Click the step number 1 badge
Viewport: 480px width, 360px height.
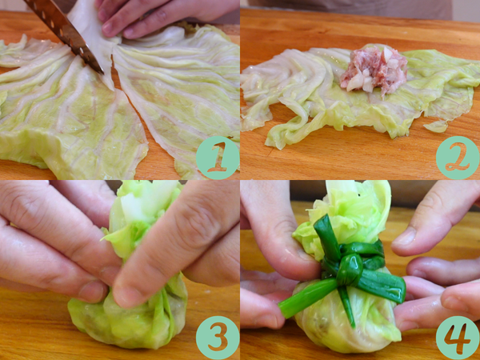pos(218,158)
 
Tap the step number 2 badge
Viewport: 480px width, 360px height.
pos(458,158)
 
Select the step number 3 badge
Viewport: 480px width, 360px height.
pos(218,338)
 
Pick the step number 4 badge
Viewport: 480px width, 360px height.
pos(458,338)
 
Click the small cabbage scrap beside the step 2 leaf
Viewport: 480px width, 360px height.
pos(436,126)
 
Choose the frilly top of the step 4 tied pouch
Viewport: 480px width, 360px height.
pos(343,214)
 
